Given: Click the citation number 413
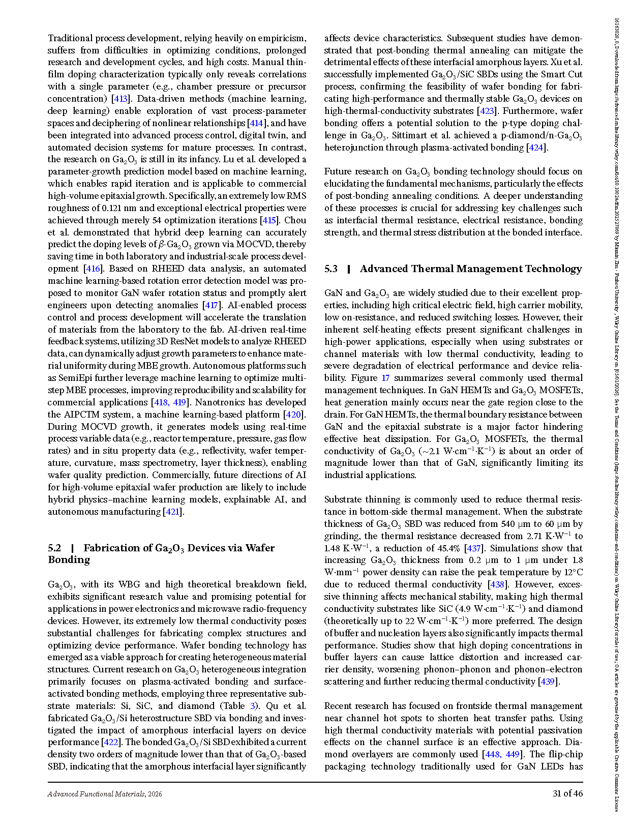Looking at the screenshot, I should pyautogui.click(x=120, y=99).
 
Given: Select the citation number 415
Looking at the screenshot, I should pyautogui.click(x=269, y=220).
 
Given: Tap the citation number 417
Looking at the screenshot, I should pyautogui.click(x=211, y=305).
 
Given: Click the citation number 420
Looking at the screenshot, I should pyautogui.click(x=293, y=414).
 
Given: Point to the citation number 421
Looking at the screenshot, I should pyautogui.click(x=173, y=512).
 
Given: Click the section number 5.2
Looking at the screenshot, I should pyautogui.click(x=54, y=548).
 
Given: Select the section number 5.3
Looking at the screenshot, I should pyautogui.click(x=331, y=269).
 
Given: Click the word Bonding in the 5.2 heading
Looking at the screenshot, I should pyautogui.click(x=69, y=560).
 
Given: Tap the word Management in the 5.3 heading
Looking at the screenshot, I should pyautogui.click(x=490, y=269).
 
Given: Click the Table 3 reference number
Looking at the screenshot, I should pyautogui.click(x=253, y=706).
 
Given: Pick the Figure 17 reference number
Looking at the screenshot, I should pyautogui.click(x=385, y=378).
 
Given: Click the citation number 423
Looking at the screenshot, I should pyautogui.click(x=487, y=111).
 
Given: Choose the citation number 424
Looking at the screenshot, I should pyautogui.click(x=535, y=147).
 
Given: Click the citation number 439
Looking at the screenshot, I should pyautogui.click(x=547, y=682).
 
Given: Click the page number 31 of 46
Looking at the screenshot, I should pyautogui.click(x=567, y=793).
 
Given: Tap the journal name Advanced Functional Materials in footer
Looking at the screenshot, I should pyautogui.click(x=96, y=794).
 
